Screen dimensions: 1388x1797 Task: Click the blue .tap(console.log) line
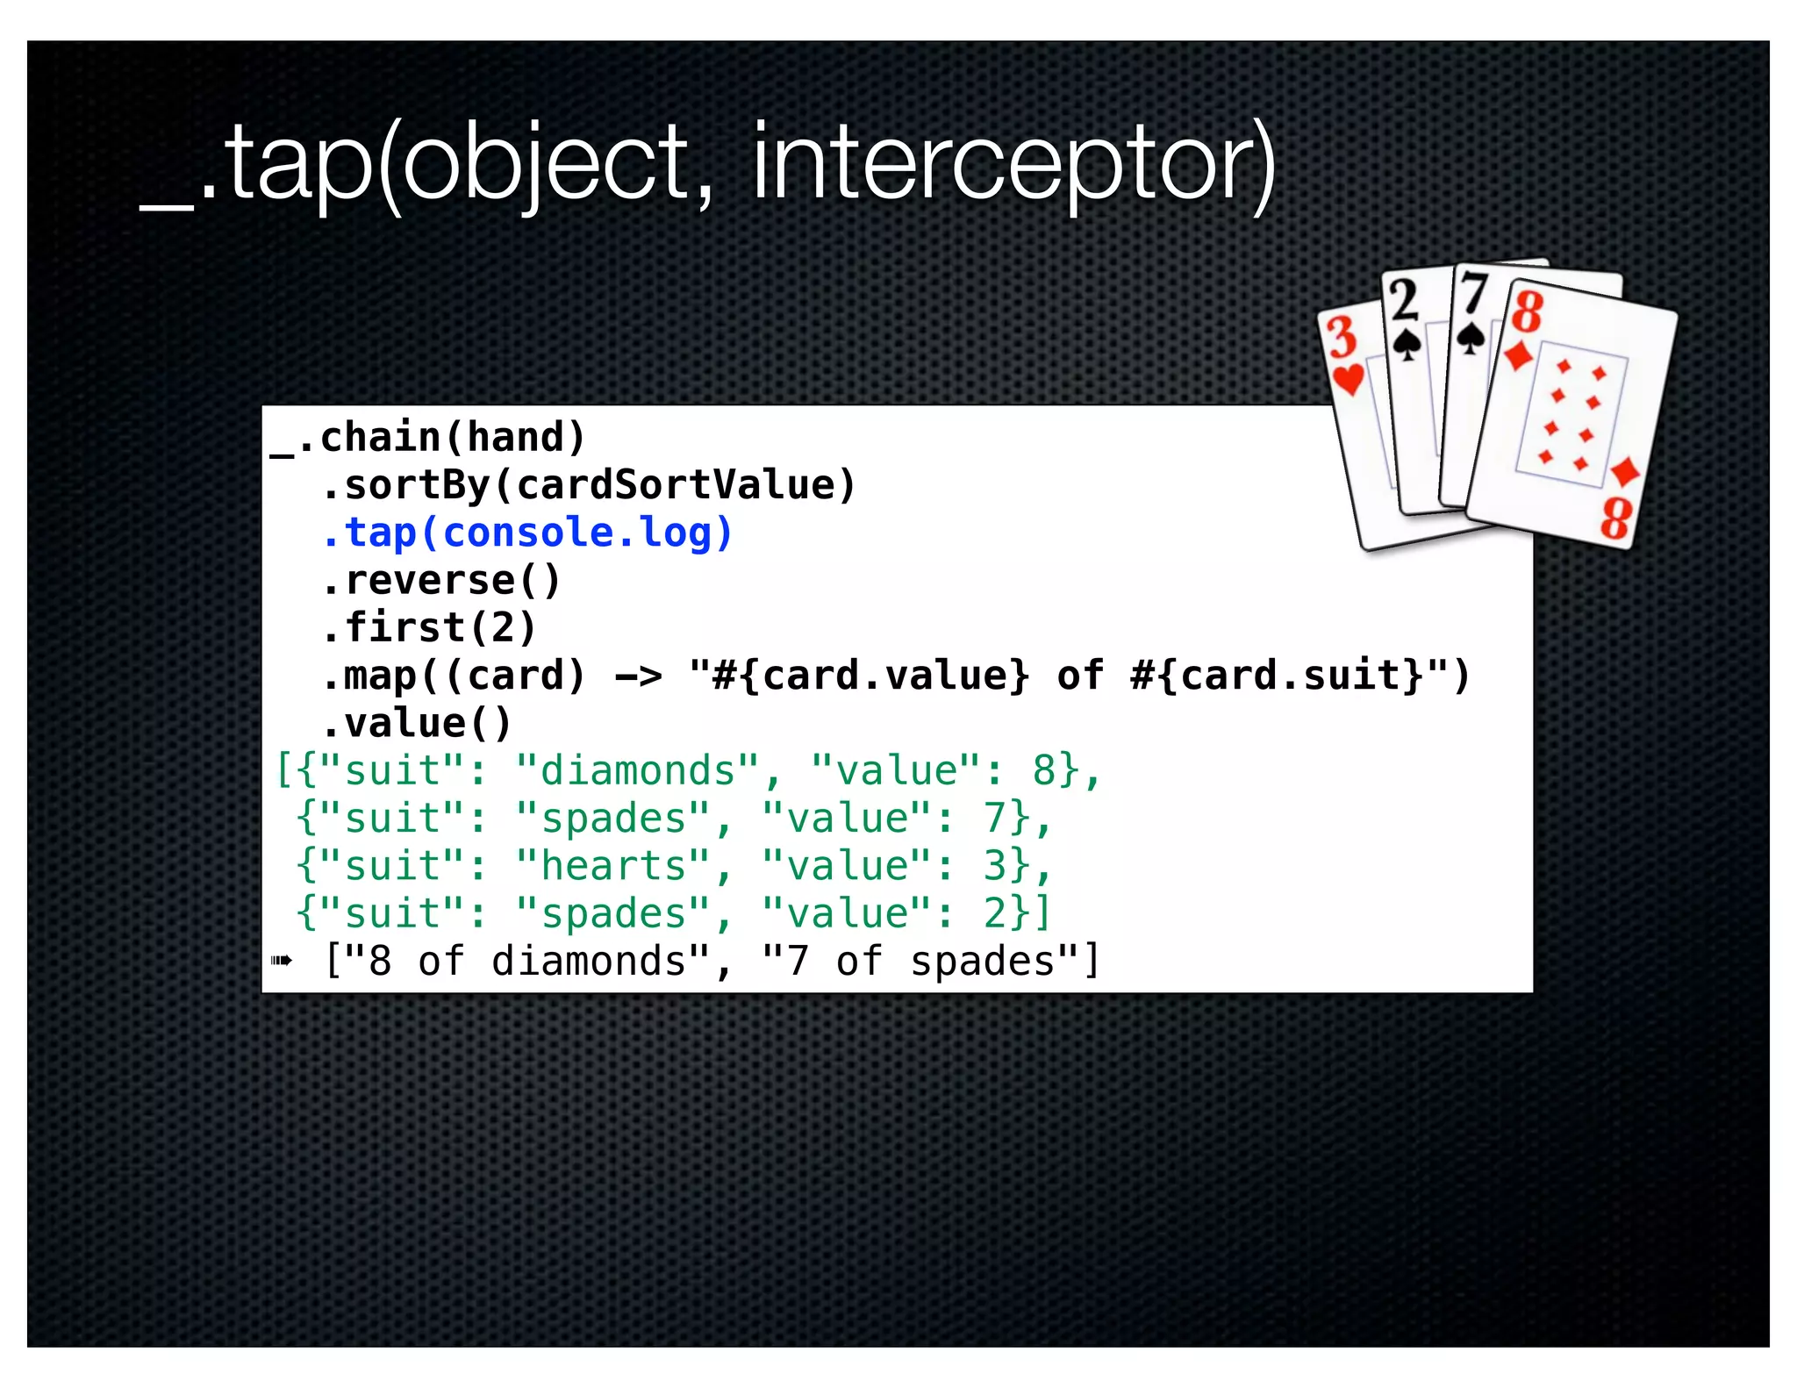pyautogui.click(x=526, y=533)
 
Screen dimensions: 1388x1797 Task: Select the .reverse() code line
pyautogui.click(x=440, y=580)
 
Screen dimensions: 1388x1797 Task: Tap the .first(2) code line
pyautogui.click(x=428, y=627)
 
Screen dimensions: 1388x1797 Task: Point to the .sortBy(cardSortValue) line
pyautogui.click(x=588, y=485)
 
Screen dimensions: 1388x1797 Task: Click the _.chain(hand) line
pyautogui.click(x=428, y=438)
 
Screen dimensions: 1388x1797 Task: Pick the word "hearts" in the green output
pyautogui.click(x=612, y=866)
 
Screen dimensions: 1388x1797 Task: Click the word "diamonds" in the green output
pyautogui.click(x=637, y=771)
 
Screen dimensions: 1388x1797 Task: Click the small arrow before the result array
pyautogui.click(x=282, y=961)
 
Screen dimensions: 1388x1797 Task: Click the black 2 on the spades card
pyautogui.click(x=1404, y=299)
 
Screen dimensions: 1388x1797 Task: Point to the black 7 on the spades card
pyautogui.click(x=1473, y=292)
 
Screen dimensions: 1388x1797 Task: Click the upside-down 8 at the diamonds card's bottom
pyautogui.click(x=1615, y=519)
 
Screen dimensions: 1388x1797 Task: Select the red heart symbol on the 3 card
pyautogui.click(x=1349, y=378)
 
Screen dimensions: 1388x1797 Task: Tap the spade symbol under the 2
pyautogui.click(x=1407, y=344)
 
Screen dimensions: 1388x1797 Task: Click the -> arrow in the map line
pyautogui.click(x=639, y=676)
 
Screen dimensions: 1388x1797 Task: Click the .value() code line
pyautogui.click(x=416, y=724)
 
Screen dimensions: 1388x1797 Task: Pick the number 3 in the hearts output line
pyautogui.click(x=994, y=866)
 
